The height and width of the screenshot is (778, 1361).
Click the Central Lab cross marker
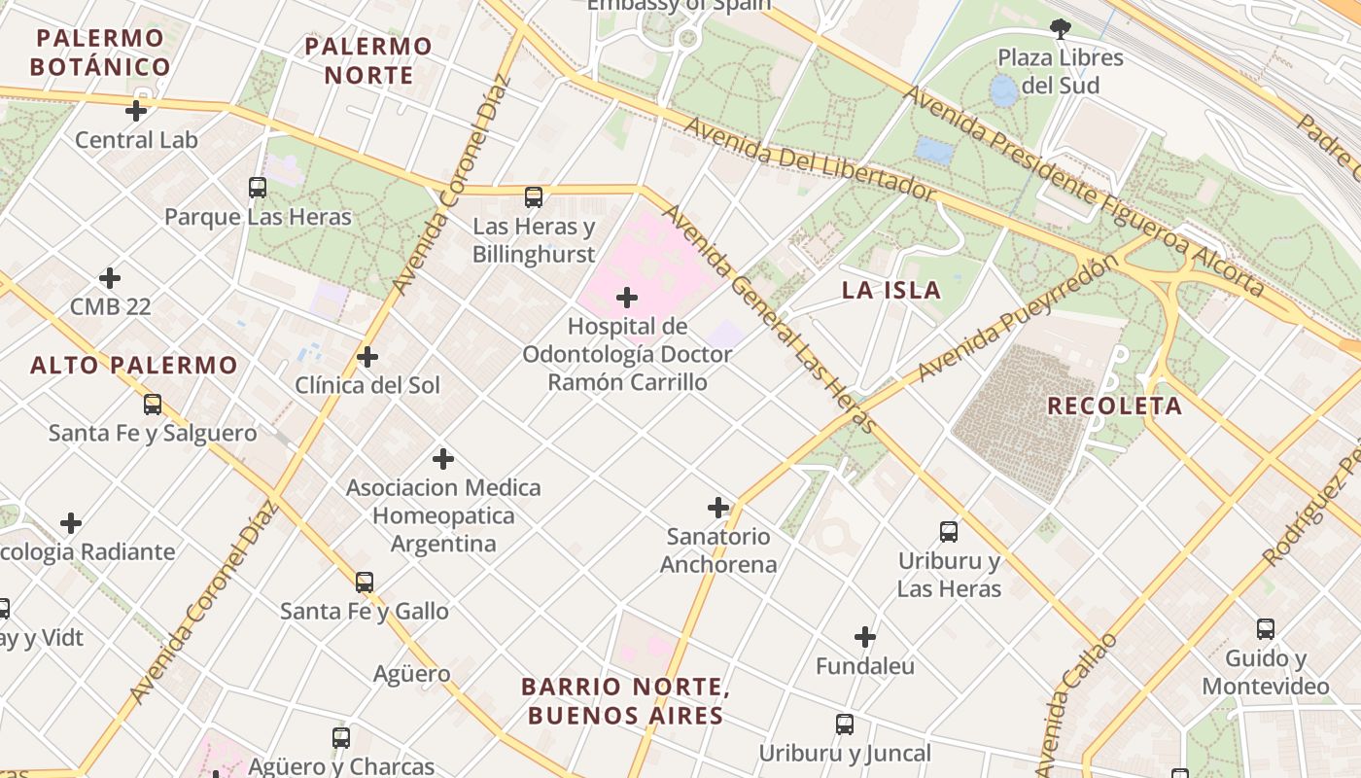[x=136, y=111]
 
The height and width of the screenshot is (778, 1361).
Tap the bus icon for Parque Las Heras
[x=258, y=188]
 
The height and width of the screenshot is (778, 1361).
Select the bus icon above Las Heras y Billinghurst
[x=534, y=197]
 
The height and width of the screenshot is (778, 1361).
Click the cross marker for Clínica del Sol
[x=367, y=357]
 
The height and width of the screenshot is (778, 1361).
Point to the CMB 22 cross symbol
[x=110, y=279]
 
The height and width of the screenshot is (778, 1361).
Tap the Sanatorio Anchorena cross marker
[x=718, y=508]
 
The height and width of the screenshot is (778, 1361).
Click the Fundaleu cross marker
[x=865, y=638]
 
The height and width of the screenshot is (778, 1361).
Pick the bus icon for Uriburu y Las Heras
[x=949, y=532]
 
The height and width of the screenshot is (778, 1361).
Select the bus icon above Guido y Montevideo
[x=1265, y=629]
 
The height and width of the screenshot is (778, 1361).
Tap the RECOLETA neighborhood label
[x=1114, y=407]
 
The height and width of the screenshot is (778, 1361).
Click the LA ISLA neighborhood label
[x=891, y=290]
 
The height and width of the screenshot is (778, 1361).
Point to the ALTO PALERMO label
[x=134, y=366]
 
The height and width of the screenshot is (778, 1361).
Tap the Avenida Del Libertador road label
[x=810, y=161]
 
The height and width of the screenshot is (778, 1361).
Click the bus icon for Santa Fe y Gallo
[x=365, y=583]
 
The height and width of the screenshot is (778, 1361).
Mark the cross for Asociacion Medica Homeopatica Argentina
[x=443, y=459]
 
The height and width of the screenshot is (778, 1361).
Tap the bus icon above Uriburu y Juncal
[x=845, y=725]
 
